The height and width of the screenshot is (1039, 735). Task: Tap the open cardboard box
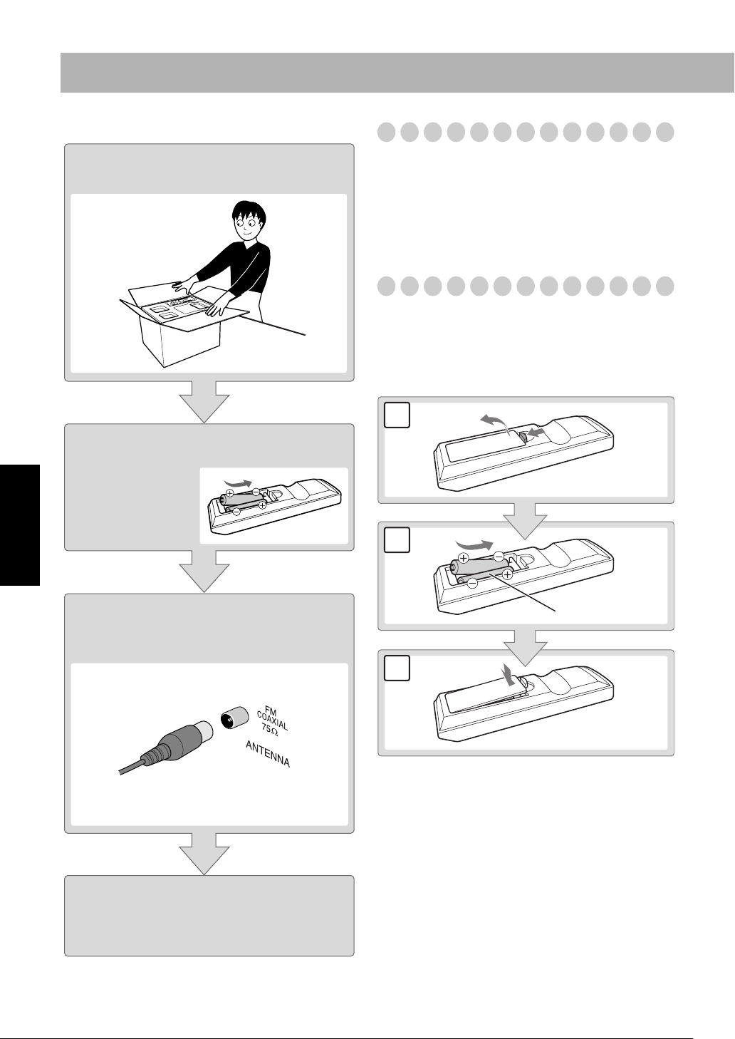pyautogui.click(x=184, y=326)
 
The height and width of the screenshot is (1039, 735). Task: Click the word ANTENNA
pyautogui.click(x=267, y=754)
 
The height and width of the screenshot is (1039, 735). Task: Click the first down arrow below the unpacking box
pyautogui.click(x=204, y=402)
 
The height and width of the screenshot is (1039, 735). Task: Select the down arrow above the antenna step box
pyautogui.click(x=204, y=572)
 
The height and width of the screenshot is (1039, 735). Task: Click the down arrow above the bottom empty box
pyautogui.click(x=204, y=854)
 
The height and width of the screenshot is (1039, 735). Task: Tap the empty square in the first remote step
pyautogui.click(x=397, y=415)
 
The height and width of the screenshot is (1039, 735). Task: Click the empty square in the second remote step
pyautogui.click(x=397, y=540)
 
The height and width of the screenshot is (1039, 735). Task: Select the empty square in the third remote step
pyautogui.click(x=397, y=668)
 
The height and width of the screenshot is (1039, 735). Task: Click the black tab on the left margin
pyautogui.click(x=20, y=525)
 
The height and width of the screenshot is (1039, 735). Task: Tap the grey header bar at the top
pyautogui.click(x=397, y=73)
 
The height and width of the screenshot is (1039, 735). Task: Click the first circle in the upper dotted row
pyautogui.click(x=386, y=133)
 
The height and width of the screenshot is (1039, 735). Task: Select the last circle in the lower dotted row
pyautogui.click(x=664, y=286)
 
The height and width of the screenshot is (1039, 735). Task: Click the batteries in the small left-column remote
pyautogui.click(x=243, y=502)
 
